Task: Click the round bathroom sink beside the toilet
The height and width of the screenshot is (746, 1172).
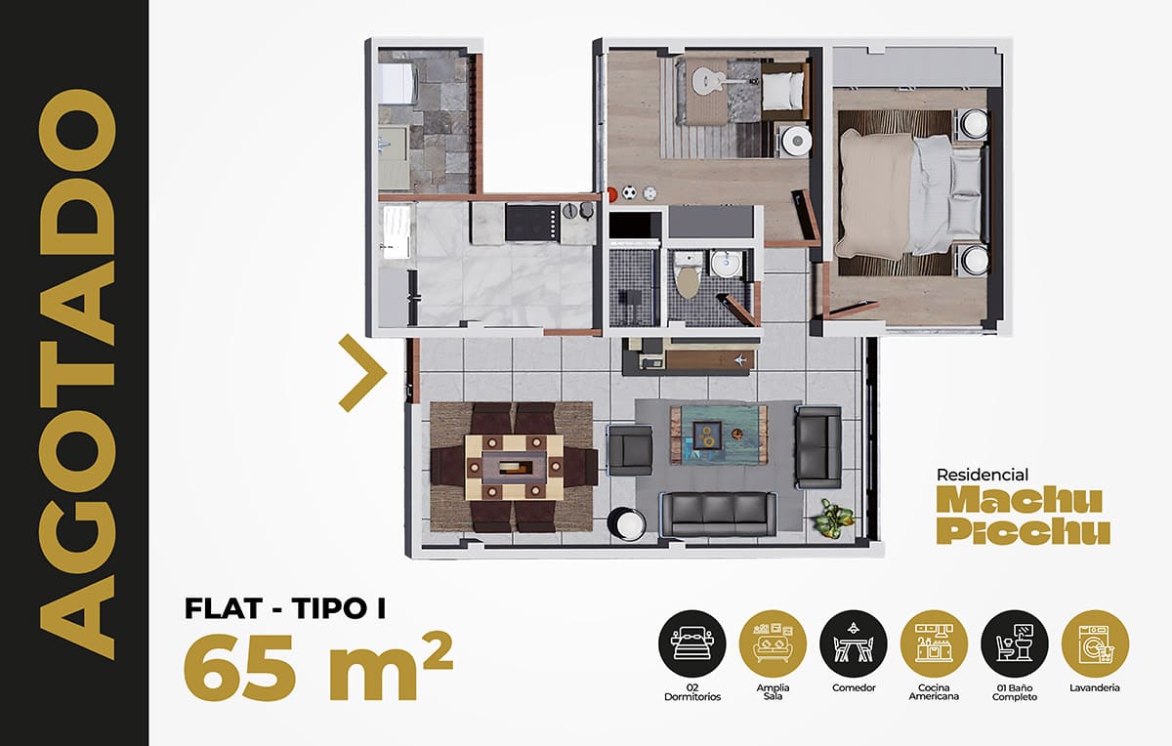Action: click(726, 264)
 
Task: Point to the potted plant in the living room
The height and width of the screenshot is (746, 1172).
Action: click(833, 518)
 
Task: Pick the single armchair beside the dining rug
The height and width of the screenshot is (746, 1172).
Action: click(631, 450)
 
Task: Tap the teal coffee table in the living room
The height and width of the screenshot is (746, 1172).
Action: click(719, 435)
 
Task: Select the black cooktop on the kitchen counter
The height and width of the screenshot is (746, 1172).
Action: click(532, 223)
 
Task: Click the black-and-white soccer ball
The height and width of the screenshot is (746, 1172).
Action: click(629, 193)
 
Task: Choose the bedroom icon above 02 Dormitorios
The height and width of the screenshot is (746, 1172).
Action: click(692, 643)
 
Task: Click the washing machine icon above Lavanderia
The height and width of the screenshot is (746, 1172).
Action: click(1095, 643)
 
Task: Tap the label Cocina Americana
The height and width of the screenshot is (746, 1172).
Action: click(934, 692)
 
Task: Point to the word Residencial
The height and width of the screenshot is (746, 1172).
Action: click(983, 475)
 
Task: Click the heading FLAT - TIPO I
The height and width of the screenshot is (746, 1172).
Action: click(285, 608)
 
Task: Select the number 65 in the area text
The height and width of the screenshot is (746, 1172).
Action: click(240, 668)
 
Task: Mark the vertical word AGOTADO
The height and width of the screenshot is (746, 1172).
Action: click(77, 374)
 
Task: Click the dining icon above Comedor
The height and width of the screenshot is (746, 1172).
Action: click(854, 643)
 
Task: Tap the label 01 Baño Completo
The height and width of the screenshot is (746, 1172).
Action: click(1015, 692)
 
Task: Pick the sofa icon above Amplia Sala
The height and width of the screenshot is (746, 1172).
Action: click(773, 643)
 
